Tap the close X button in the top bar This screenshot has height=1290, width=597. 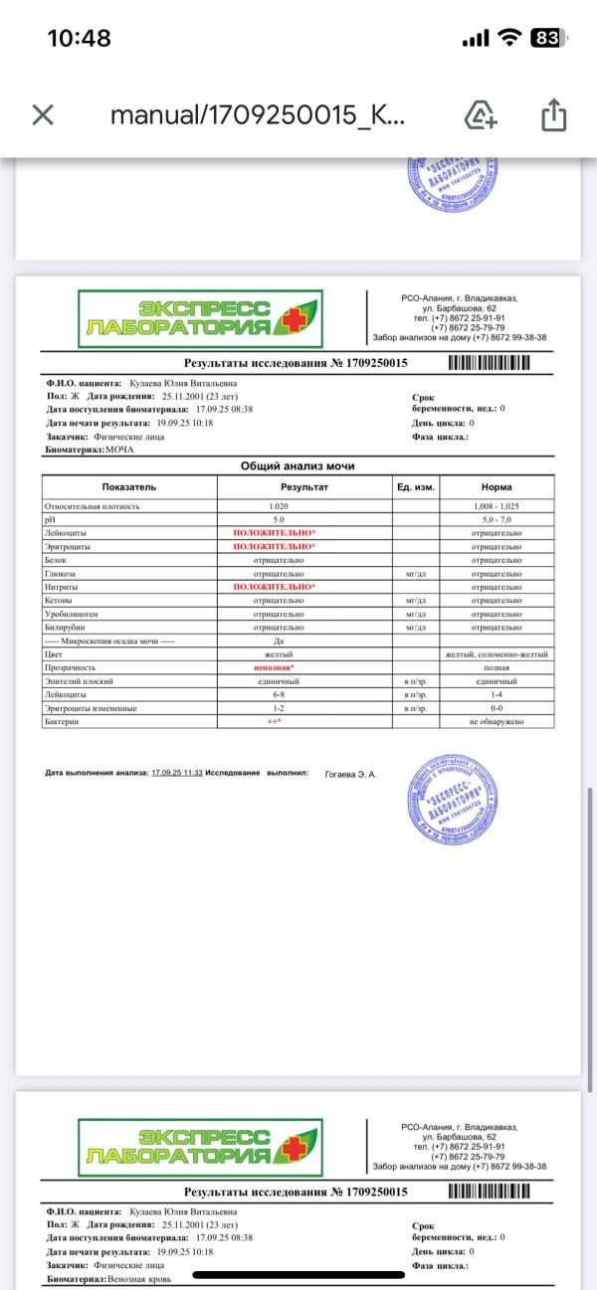[x=42, y=115]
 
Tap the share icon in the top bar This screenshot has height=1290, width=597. [x=552, y=116]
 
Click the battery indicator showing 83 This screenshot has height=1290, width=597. [x=544, y=39]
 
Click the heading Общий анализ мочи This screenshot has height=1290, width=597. [x=298, y=466]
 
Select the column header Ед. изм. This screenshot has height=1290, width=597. [x=416, y=487]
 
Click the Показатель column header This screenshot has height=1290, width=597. [x=129, y=487]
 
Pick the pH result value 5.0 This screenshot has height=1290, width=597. [x=279, y=520]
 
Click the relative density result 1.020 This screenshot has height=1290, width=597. [x=279, y=506]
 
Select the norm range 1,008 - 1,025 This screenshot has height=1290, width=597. [x=497, y=506]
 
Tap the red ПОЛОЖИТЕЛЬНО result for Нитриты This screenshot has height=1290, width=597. [x=274, y=587]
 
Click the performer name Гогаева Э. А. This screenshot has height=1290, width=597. [x=351, y=773]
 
